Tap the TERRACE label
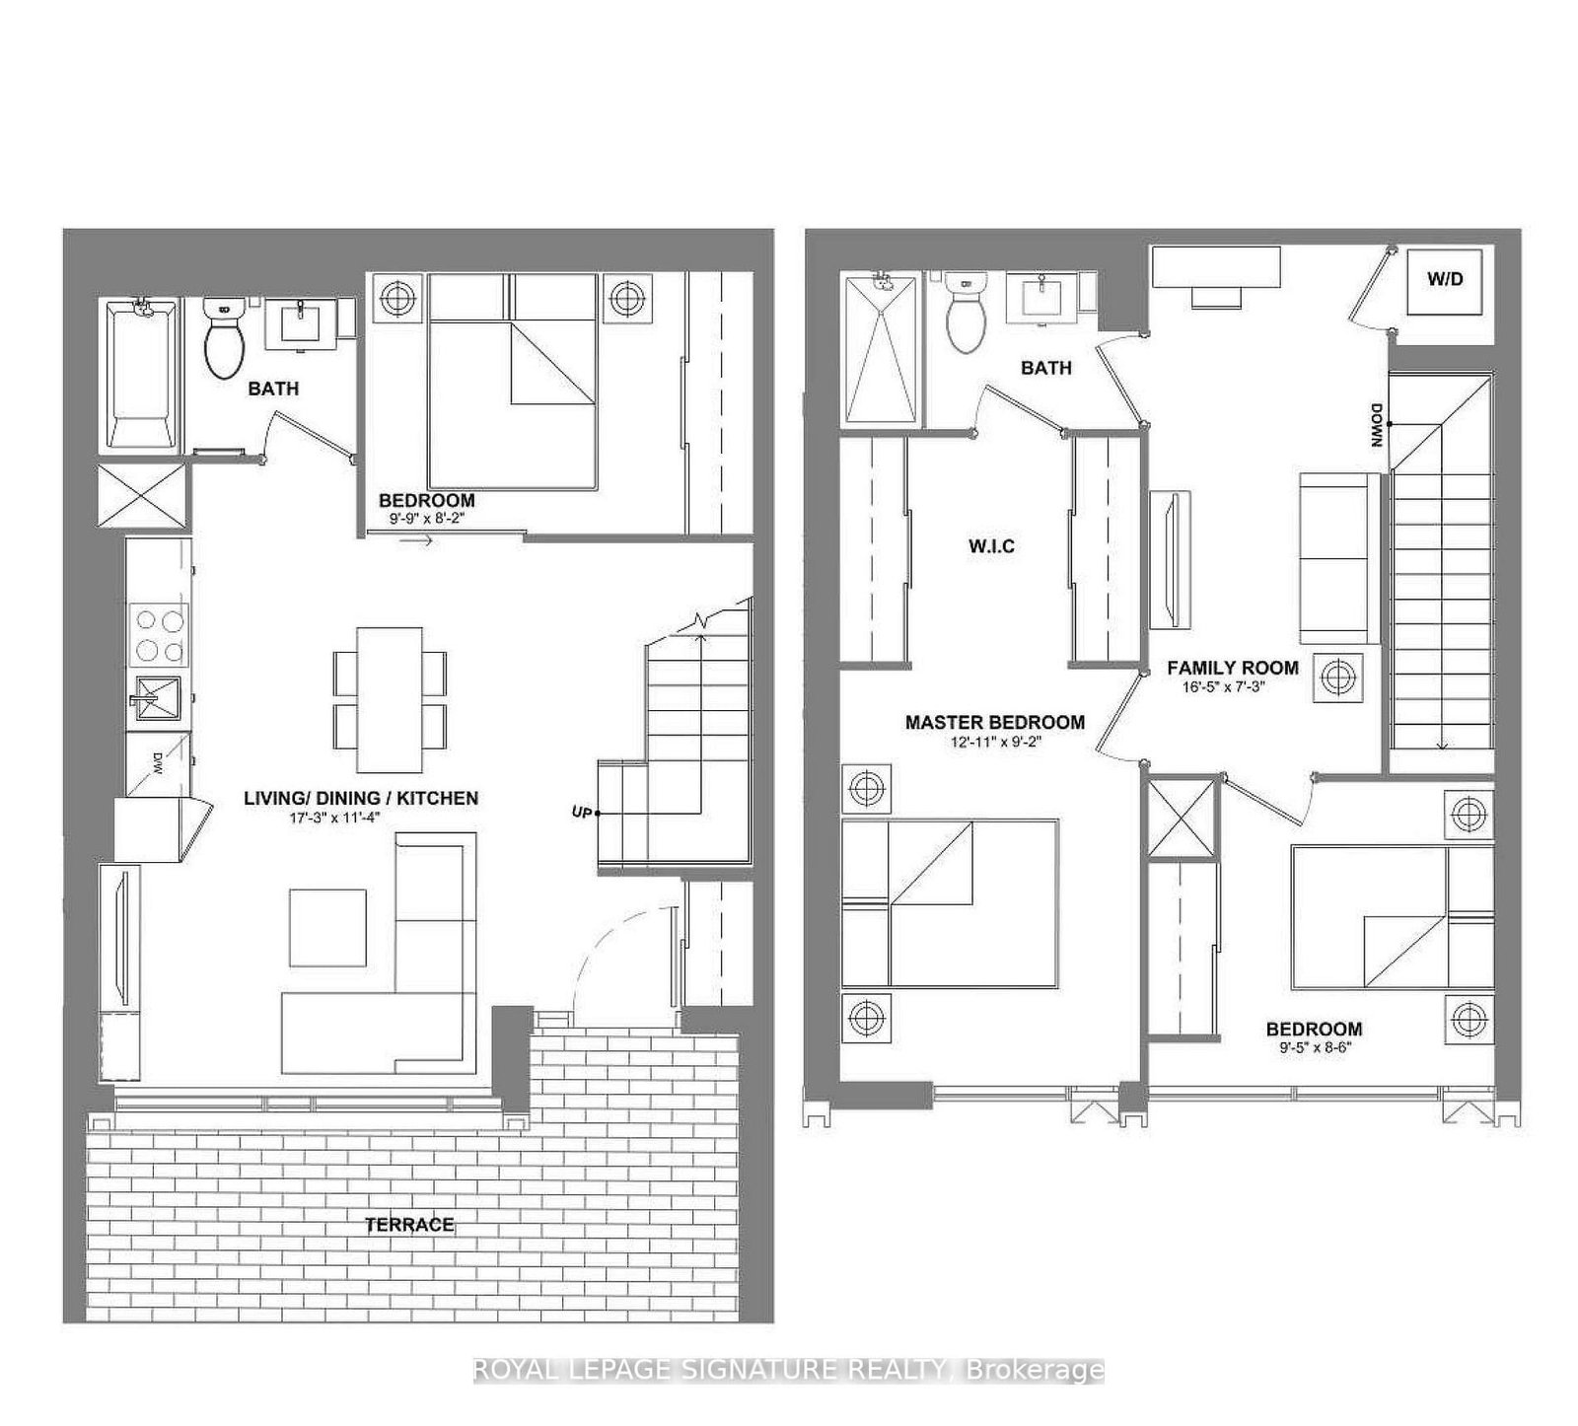pos(409,1225)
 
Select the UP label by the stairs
pos(582,812)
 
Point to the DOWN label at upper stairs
pos(1375,425)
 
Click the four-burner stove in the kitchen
pos(160,635)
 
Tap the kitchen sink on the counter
pos(152,697)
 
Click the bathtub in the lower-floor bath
pos(144,376)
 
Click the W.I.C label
pos(991,546)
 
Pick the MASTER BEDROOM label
pos(994,722)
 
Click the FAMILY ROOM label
pos(1232,668)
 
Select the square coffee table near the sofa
pos(327,927)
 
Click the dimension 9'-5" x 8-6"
pos(1314,1048)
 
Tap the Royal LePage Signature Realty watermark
pos(788,1370)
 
